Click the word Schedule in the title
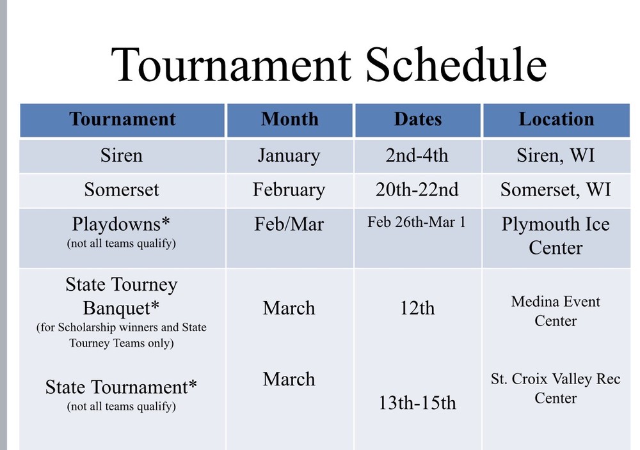coord(456,65)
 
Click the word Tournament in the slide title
coord(231,65)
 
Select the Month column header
coord(290,119)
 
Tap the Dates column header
coord(418,119)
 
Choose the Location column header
coord(556,119)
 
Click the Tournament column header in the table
coord(122,119)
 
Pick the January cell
coord(289,156)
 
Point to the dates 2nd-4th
coord(417,155)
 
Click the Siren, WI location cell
coord(556,156)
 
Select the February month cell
coord(289,190)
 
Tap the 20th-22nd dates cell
coord(417,190)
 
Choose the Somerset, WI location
coord(556,190)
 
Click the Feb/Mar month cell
coord(289,224)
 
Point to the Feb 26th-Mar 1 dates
coord(417,222)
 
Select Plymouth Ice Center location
coord(556,236)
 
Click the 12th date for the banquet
coord(417,308)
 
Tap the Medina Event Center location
coord(556,311)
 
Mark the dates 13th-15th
coord(417,403)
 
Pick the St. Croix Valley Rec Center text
coord(556,389)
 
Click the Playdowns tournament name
coord(121,224)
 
